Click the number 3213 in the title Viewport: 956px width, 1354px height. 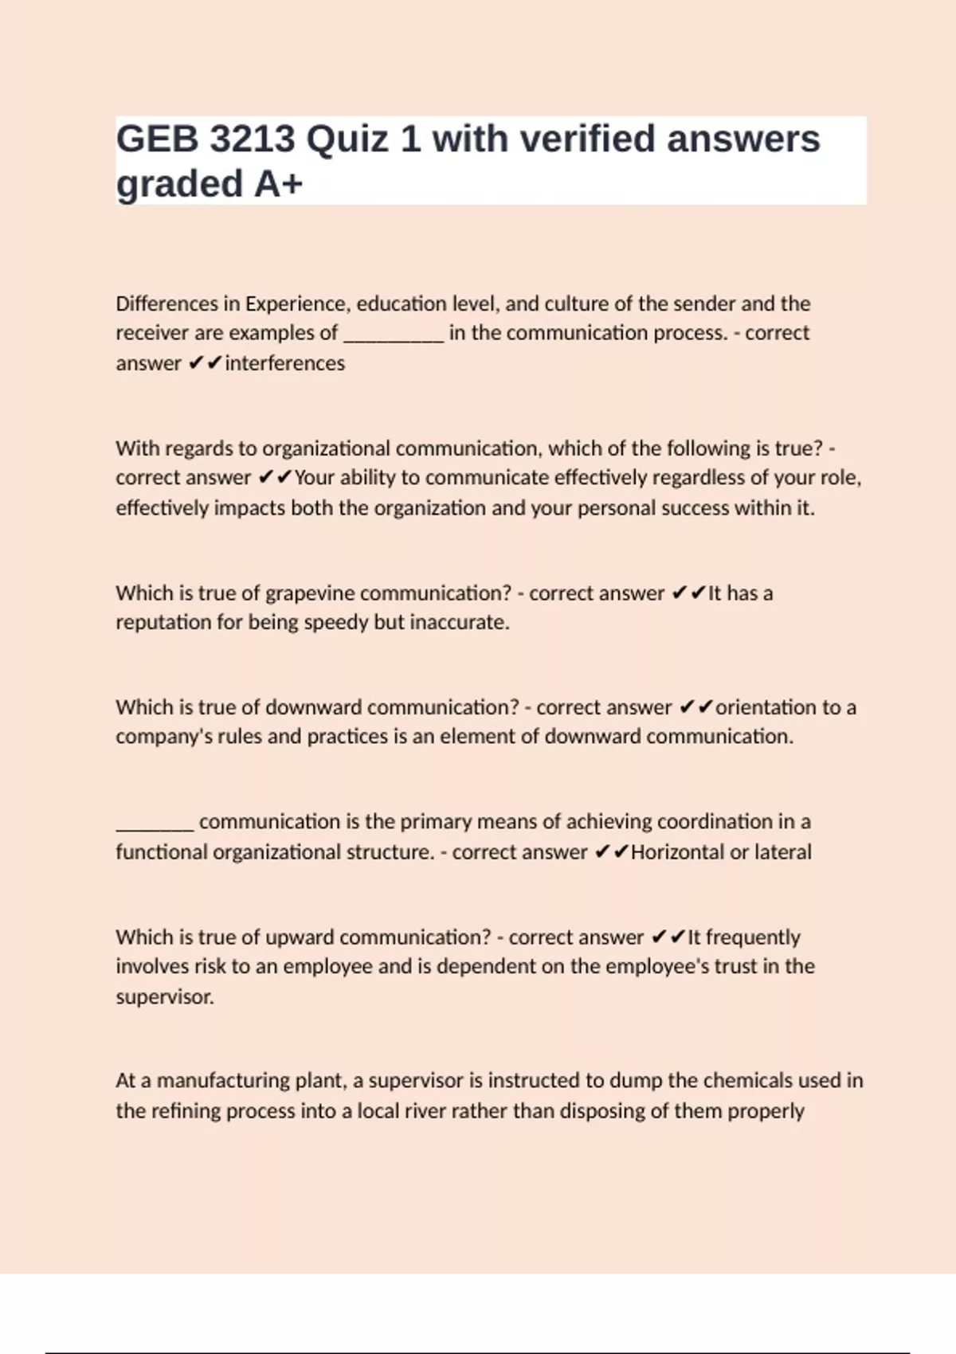pos(252,139)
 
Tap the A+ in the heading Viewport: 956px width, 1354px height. pos(279,185)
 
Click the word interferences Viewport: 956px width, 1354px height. pos(284,363)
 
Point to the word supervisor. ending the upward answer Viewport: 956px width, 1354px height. pos(165,997)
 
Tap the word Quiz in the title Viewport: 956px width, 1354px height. pos(351,139)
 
